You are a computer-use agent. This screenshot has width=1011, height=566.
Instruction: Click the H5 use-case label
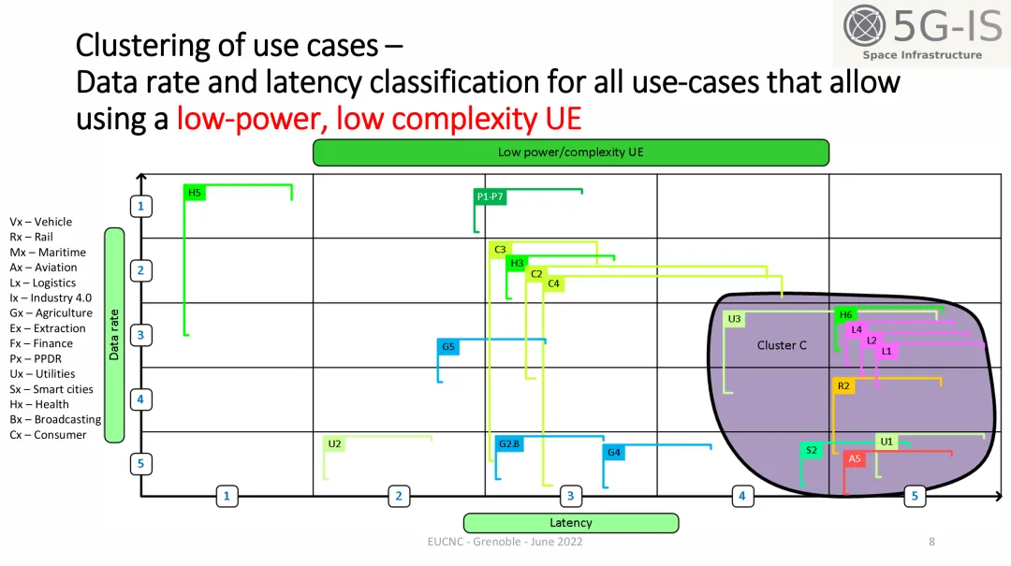[195, 193]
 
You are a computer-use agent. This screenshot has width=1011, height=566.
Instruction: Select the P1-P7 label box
[491, 196]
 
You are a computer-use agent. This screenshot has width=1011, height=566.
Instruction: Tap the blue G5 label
[448, 347]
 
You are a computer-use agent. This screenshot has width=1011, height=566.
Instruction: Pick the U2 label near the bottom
[334, 443]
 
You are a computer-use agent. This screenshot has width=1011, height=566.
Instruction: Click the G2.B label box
[509, 443]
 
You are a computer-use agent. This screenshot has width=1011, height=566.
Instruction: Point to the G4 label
[614, 453]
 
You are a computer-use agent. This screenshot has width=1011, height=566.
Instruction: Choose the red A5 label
[854, 458]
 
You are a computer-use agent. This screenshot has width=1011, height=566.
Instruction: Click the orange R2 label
[843, 385]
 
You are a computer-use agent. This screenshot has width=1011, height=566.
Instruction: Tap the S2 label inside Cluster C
[812, 450]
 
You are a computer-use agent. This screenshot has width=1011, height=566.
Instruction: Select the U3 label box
[735, 319]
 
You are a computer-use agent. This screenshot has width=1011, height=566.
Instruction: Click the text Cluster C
[782, 345]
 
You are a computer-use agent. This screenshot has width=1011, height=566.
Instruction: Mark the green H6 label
[845, 314]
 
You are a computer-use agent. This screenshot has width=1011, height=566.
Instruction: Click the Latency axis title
[571, 523]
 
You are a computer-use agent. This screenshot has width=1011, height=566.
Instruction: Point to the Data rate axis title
[114, 335]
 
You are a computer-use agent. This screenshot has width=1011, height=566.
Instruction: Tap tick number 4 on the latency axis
[742, 496]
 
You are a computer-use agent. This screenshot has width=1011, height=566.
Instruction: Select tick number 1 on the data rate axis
[140, 206]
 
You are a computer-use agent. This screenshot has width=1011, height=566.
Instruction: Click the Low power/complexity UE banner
[571, 152]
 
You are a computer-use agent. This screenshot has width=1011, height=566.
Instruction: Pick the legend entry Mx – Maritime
[48, 253]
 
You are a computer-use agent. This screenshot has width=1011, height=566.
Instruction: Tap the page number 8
[931, 542]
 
